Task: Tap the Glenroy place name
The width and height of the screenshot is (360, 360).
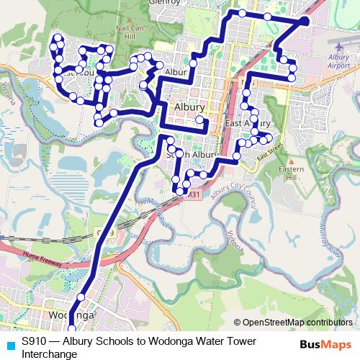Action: click(x=164, y=3)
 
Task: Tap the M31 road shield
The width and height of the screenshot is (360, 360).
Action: click(x=193, y=194)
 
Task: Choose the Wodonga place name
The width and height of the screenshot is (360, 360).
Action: click(x=70, y=316)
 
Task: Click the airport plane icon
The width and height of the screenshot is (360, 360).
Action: click(x=338, y=47)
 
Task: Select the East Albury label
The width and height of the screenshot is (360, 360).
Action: click(x=247, y=124)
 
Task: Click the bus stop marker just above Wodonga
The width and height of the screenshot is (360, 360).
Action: click(x=81, y=296)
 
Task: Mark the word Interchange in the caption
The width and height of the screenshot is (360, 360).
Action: click(x=49, y=354)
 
